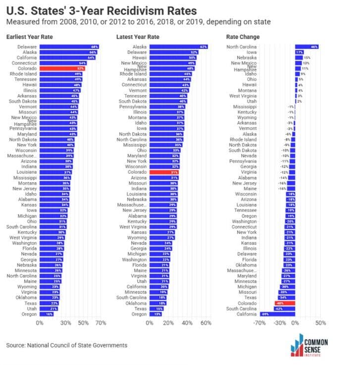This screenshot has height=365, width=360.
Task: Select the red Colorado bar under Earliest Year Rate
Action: pos(62,68)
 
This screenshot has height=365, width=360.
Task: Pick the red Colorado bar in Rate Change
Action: pos(285,303)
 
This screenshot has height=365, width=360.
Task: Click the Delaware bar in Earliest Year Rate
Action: pos(69,47)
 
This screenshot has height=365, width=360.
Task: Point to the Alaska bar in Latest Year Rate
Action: pos(178,47)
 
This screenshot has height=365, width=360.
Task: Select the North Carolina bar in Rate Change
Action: pos(307,47)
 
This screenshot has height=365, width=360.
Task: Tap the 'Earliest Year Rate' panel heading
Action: pos(29,37)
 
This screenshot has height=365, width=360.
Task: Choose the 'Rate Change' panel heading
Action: pos(243,37)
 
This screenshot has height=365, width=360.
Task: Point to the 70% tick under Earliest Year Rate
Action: pos(101,323)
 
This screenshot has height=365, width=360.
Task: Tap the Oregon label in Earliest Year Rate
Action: pos(29,313)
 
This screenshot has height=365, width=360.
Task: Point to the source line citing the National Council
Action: pos(66,345)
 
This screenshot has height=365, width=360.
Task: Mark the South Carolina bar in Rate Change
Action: pos(285,308)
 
